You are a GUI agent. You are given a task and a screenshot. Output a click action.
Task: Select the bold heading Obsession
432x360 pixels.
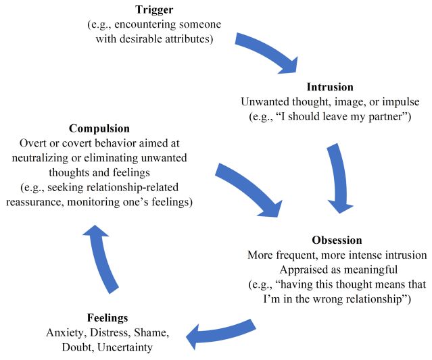337,240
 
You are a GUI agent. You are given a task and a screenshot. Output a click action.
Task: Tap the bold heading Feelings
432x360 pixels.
107,317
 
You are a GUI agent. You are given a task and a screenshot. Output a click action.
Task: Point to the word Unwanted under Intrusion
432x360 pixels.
264,102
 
